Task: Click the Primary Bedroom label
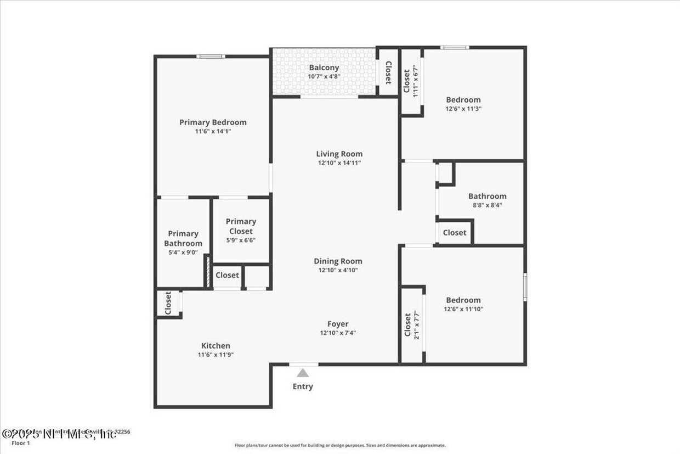click(213, 122)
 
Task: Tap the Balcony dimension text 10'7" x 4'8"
click(324, 77)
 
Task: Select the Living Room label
click(339, 154)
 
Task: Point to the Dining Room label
click(338, 261)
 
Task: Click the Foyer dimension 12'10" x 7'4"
click(338, 333)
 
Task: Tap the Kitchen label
click(216, 346)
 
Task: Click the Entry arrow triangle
click(303, 373)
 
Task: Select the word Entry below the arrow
click(303, 386)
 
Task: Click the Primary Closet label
click(241, 226)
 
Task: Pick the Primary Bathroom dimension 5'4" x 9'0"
click(183, 253)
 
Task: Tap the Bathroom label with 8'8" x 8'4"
click(487, 197)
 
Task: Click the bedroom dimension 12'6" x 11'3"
click(463, 109)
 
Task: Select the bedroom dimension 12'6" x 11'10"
click(463, 309)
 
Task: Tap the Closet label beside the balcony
click(388, 72)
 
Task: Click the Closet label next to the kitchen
click(168, 303)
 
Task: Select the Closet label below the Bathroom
click(454, 233)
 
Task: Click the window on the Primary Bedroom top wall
click(211, 56)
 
